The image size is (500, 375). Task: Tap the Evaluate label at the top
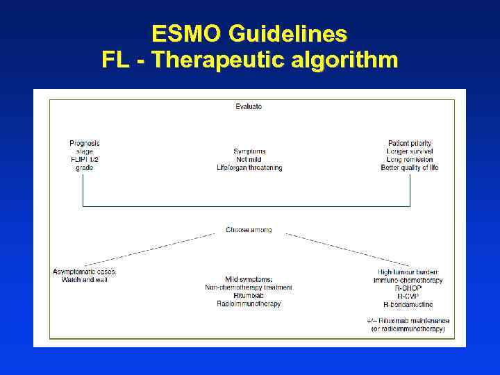tap(249, 107)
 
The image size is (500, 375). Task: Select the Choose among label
tap(249, 230)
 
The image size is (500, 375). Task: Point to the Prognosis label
tap(84, 143)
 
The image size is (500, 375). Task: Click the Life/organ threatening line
tap(249, 168)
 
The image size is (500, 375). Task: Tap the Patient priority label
tap(410, 143)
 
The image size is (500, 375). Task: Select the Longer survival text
tap(410, 151)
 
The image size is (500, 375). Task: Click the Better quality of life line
tap(410, 168)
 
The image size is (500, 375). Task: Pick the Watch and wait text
tap(84, 280)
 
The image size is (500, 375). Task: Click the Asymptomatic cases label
tap(84, 272)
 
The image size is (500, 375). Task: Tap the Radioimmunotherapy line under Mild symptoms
tap(249, 304)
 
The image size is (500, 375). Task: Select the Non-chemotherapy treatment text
tap(249, 287)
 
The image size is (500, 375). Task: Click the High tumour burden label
tap(408, 272)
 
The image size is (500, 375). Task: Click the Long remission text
tap(410, 160)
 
